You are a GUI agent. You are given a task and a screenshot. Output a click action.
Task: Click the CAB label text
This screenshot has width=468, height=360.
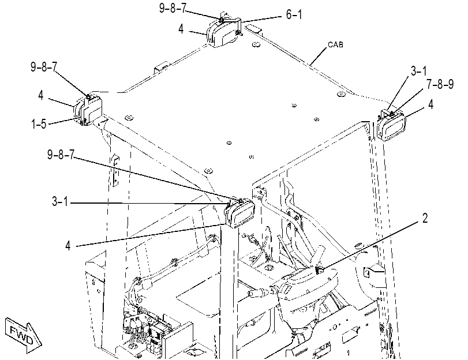pos(335,44)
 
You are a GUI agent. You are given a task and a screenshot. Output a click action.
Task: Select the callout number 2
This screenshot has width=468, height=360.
pos(425,218)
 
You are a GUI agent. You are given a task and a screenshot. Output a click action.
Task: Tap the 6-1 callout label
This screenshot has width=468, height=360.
pos(294,14)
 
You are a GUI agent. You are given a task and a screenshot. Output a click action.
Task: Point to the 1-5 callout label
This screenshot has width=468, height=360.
pos(39,123)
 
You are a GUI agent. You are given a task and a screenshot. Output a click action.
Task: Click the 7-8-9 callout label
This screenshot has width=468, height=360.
pos(440,84)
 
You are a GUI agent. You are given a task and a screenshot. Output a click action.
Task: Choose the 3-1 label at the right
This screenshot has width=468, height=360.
pos(419,71)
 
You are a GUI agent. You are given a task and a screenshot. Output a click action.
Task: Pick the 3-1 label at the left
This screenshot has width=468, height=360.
pos(60,201)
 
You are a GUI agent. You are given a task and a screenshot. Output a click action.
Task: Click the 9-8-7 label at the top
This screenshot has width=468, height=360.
pos(173,8)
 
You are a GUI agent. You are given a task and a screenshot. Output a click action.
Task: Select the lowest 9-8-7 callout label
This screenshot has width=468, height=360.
pos(61,155)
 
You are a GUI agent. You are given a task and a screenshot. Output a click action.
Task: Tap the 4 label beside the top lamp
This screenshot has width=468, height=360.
pos(181,29)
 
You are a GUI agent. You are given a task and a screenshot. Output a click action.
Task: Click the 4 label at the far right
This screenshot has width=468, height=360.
pos(430,104)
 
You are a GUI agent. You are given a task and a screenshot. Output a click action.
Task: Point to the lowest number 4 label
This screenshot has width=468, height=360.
pos(68,246)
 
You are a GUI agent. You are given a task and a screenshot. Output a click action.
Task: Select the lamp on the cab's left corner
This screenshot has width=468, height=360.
pos(88,109)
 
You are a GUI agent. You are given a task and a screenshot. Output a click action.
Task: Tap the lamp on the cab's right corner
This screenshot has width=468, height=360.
pos(392,125)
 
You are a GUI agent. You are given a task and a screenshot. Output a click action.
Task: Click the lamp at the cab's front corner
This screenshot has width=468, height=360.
pos(239,212)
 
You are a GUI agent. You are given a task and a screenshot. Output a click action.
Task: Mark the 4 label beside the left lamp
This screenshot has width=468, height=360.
pos(41,95)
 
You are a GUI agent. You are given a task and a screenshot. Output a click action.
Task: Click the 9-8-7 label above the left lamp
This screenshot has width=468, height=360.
pos(44,67)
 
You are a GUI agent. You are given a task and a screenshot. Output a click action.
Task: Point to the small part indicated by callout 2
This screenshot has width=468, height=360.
pos(319,270)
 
